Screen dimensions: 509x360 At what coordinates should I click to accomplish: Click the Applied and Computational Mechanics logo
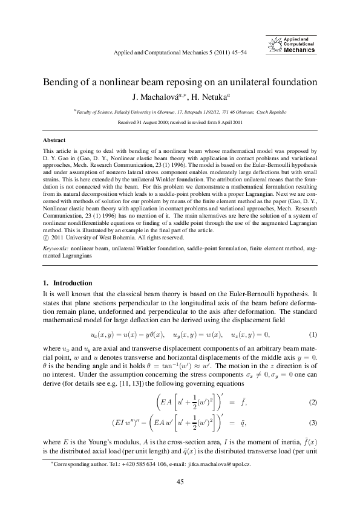(x=292, y=45)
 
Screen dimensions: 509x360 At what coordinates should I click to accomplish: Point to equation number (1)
(x=313, y=334)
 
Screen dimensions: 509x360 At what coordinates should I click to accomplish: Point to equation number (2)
(x=313, y=385)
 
